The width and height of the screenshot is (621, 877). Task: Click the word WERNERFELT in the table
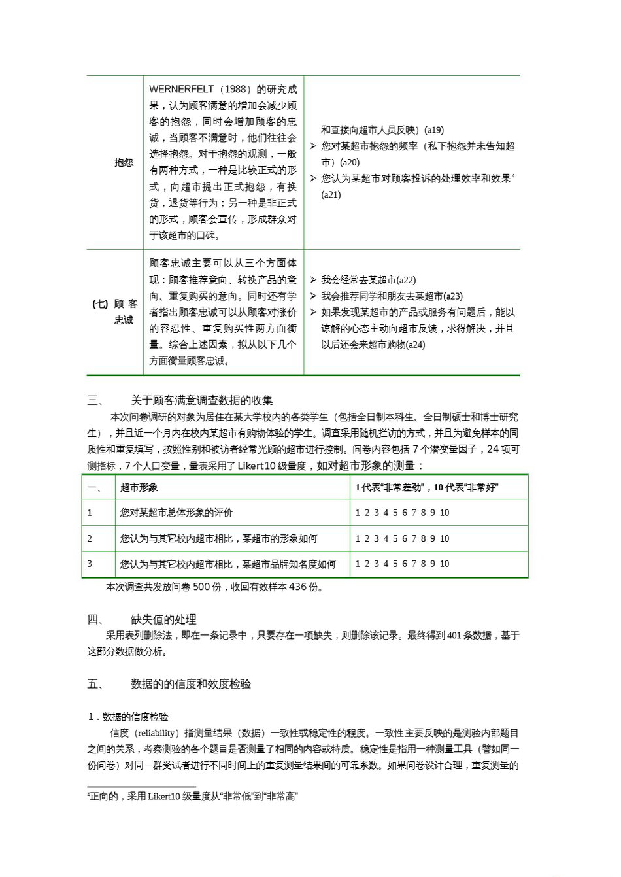175,90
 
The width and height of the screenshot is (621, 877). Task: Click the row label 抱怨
124,162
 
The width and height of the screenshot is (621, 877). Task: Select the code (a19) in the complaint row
433,130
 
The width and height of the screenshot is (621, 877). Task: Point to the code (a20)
349,162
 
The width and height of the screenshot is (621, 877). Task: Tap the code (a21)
331,194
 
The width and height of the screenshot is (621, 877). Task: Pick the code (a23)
452,296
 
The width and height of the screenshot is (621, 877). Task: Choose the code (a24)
415,345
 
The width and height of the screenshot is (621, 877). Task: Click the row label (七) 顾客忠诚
116,312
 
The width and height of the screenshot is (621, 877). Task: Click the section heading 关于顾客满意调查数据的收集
202,400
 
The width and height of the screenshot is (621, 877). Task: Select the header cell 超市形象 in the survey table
139,487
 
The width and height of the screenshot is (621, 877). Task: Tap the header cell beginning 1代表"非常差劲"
427,487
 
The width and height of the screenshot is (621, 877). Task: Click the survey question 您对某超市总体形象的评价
176,513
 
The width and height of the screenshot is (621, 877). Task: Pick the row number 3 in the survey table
90,564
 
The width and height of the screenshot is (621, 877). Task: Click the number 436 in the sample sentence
298,587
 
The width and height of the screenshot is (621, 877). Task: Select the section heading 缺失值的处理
163,619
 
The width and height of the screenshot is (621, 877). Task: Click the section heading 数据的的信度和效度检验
191,684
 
